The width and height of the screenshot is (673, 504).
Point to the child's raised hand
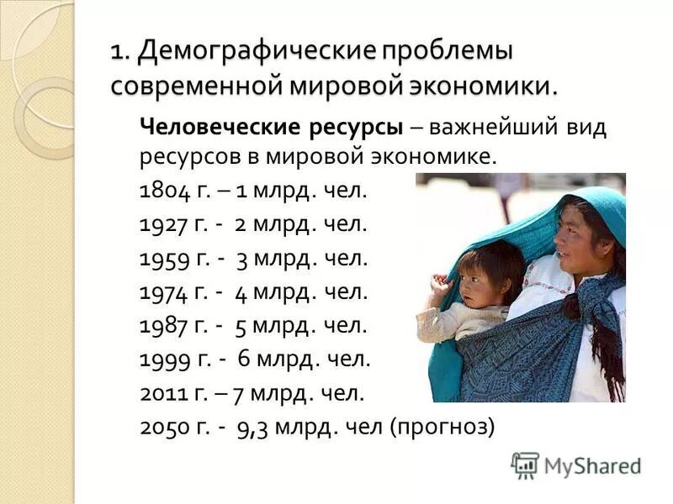click(x=439, y=284)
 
